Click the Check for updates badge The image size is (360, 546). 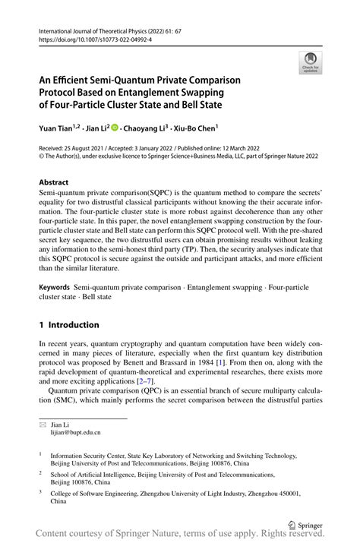coord(309,63)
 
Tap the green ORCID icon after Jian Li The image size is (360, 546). coord(116,128)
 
